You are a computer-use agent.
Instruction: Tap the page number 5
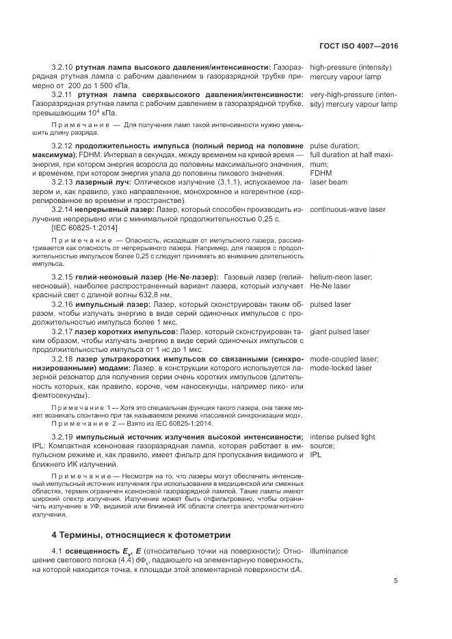(395, 581)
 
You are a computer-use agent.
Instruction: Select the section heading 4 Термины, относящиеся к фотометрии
(142, 534)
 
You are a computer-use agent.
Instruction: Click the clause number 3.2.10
(62, 68)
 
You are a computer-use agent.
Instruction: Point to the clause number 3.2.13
(62, 183)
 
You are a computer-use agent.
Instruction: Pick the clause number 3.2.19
(62, 436)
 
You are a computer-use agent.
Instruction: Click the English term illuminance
(329, 550)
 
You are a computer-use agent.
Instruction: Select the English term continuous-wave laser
(349, 208)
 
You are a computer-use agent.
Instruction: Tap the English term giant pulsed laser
(339, 331)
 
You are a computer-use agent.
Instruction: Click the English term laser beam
(328, 183)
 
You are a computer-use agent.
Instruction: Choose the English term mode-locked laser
(341, 368)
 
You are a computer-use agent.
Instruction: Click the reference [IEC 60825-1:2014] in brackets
(85, 227)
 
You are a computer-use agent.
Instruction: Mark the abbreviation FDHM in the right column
(321, 174)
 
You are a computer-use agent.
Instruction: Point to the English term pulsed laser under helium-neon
(330, 303)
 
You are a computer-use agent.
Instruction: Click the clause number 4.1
(57, 550)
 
